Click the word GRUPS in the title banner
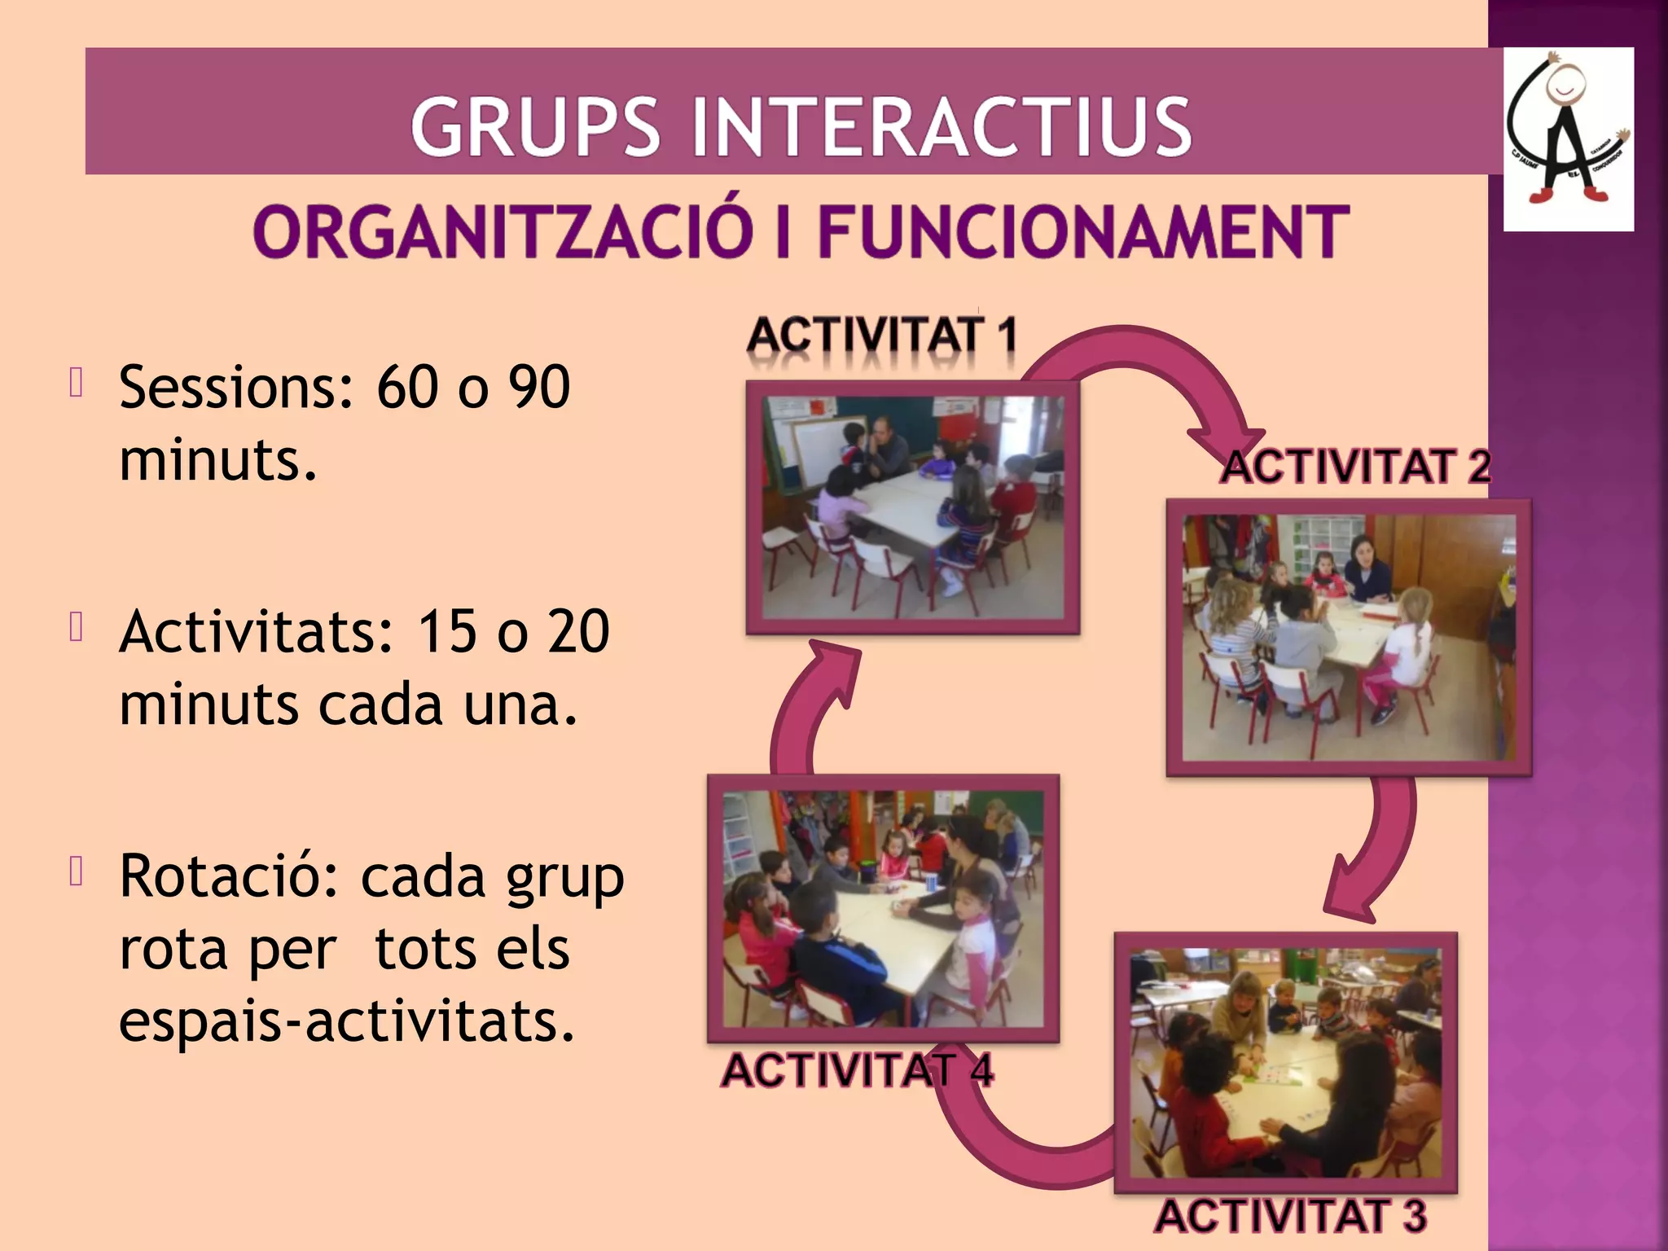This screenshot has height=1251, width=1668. [534, 126]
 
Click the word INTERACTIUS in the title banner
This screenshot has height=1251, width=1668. [941, 126]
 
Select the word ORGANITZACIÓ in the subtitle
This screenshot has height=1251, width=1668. [503, 232]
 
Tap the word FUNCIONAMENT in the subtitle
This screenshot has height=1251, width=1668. [1083, 232]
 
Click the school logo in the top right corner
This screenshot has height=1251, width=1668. [1568, 138]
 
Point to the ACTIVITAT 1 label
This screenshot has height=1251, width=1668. [882, 336]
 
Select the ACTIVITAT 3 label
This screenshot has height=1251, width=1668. [1291, 1216]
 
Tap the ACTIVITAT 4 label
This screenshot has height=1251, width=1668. [857, 1069]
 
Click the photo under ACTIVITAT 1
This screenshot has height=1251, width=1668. [913, 507]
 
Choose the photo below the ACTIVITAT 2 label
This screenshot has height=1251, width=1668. [1349, 637]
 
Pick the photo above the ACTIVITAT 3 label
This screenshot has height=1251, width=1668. [1285, 1062]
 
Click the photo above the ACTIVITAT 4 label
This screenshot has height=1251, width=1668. [883, 908]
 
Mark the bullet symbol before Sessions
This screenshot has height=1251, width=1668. [77, 382]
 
